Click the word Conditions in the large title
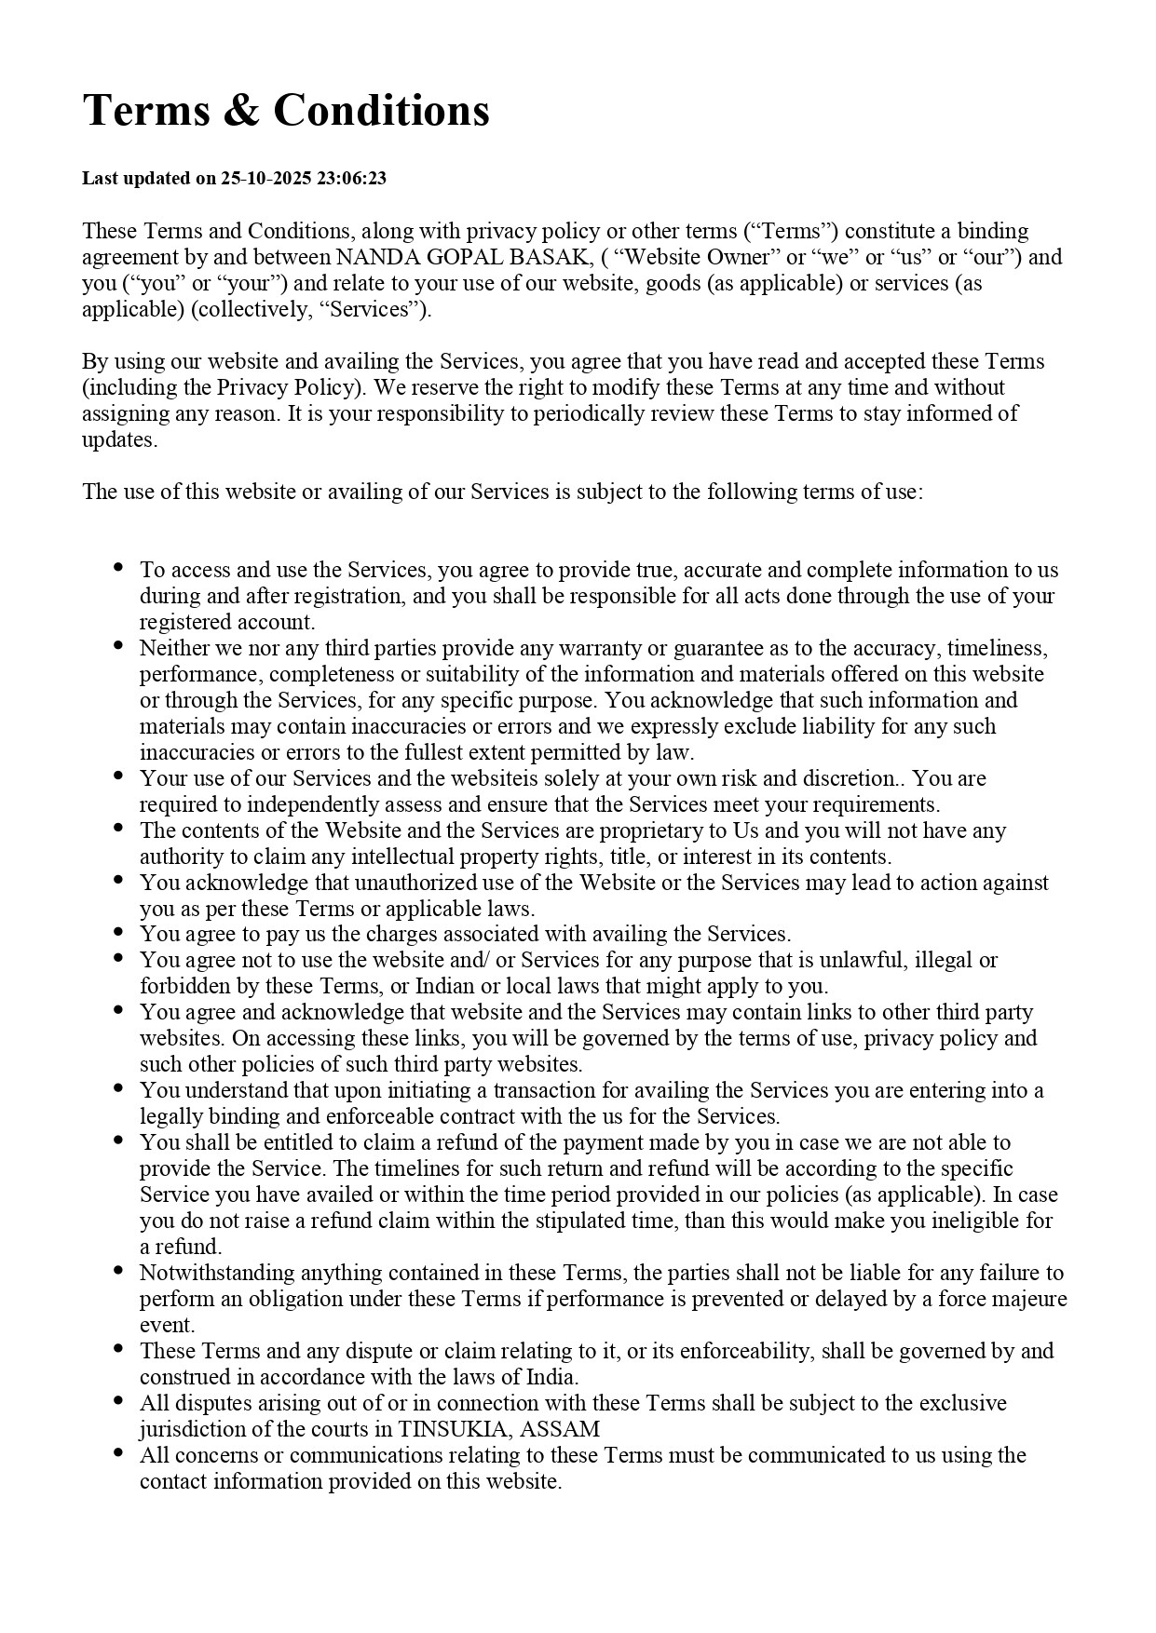tap(381, 111)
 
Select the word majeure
tap(1030, 1299)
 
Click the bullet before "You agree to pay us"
tap(118, 932)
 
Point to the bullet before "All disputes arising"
tap(118, 1401)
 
